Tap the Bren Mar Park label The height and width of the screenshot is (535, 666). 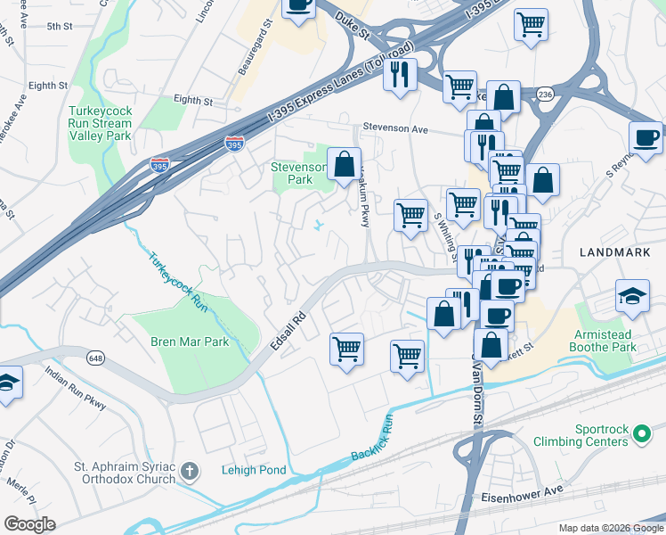190,342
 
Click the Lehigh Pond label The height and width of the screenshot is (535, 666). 255,470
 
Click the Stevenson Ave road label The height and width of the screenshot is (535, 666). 394,128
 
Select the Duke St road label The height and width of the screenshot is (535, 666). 353,25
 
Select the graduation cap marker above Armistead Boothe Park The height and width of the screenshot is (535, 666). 632,296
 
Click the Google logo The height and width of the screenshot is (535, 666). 29,523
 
